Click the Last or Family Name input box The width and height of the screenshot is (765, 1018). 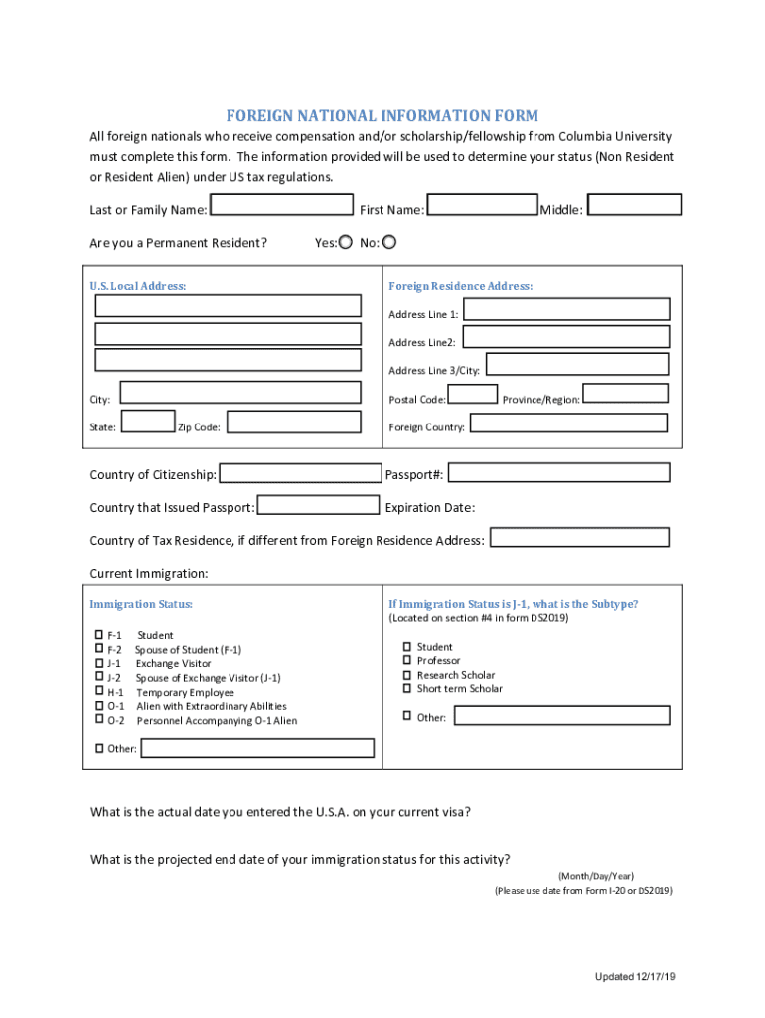tap(283, 206)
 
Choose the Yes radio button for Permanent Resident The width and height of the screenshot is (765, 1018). tap(346, 241)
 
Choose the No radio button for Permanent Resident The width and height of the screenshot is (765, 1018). tap(389, 241)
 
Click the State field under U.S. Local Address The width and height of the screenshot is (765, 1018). tap(150, 423)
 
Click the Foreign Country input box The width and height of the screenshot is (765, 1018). tap(567, 424)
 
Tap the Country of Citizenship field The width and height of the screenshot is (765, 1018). tap(300, 474)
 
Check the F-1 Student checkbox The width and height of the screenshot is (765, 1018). tap(99, 634)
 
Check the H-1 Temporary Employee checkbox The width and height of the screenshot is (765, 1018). tap(99, 691)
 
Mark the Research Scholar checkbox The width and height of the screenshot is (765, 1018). tap(407, 674)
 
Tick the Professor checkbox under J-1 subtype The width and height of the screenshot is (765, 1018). tap(407, 660)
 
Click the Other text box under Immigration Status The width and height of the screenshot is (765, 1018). tap(257, 748)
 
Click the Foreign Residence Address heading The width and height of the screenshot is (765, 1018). tap(460, 286)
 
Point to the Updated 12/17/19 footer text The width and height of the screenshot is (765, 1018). tap(635, 977)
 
